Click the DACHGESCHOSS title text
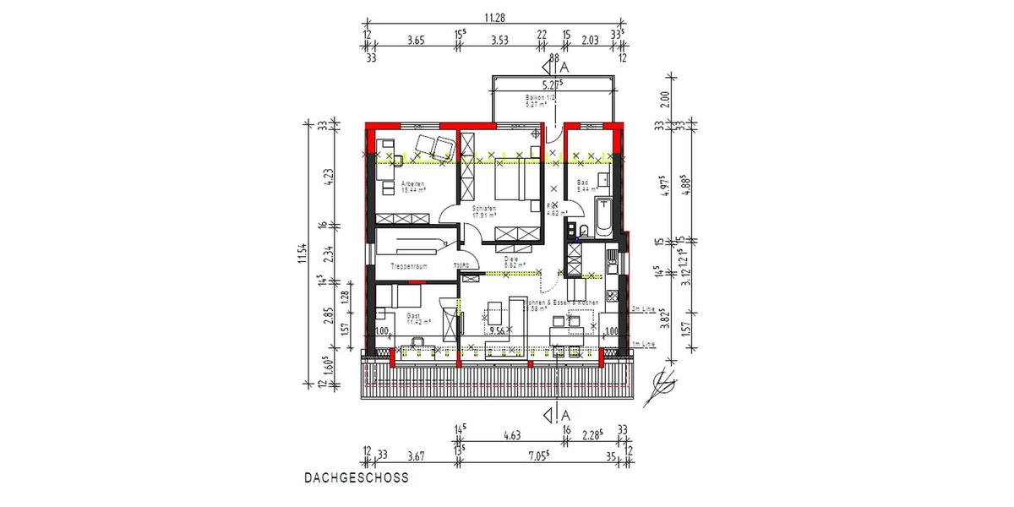[x=356, y=477]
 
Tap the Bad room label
[x=583, y=183]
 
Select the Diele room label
[x=510, y=261]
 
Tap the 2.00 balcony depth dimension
[x=664, y=99]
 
